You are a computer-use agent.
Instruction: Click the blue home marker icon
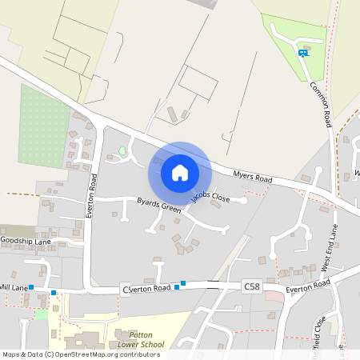pos(180,172)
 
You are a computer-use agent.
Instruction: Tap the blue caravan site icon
pos(302,53)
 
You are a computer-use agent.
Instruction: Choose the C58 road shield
pos(252,286)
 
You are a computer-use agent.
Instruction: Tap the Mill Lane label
pos(14,286)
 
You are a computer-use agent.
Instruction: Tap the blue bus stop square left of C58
pos(183,282)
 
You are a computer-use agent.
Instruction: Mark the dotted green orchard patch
pos(43,126)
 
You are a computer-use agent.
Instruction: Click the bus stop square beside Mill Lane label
pos(31,286)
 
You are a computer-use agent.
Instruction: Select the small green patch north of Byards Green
pos(122,150)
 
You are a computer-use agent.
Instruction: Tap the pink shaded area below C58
pos(274,297)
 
